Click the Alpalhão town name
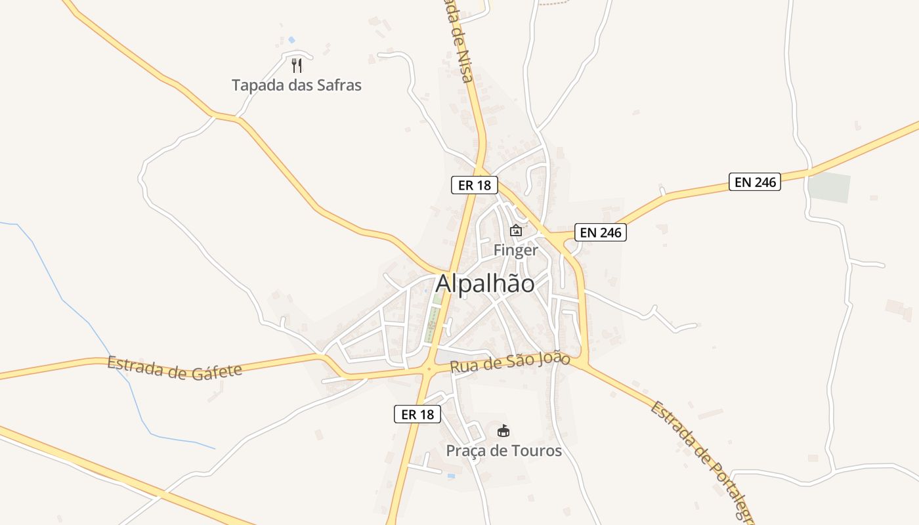[x=485, y=283]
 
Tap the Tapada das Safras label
[x=297, y=85]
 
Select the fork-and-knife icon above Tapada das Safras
[x=297, y=65]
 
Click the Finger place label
[x=515, y=250]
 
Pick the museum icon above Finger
[x=516, y=230]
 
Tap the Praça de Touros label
[x=503, y=451]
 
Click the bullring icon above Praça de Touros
[x=503, y=430]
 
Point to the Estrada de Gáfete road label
[x=175, y=367]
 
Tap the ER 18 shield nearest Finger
[x=475, y=185]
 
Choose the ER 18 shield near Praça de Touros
[x=417, y=414]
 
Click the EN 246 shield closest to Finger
[x=601, y=232]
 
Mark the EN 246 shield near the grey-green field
[x=755, y=182]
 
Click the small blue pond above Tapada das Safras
[x=291, y=40]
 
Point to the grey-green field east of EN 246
[x=828, y=188]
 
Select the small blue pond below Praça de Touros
[x=450, y=476]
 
